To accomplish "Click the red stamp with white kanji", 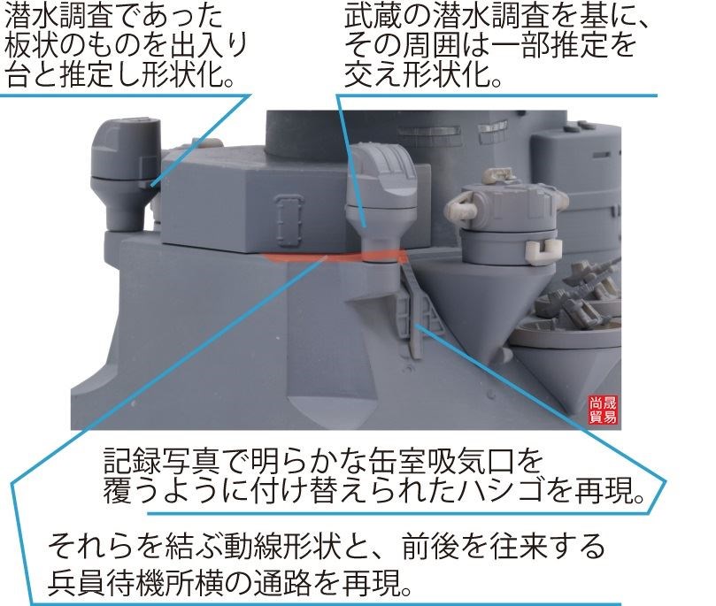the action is pyautogui.click(x=604, y=410).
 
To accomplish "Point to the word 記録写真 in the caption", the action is pyautogui.click(x=157, y=462).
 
